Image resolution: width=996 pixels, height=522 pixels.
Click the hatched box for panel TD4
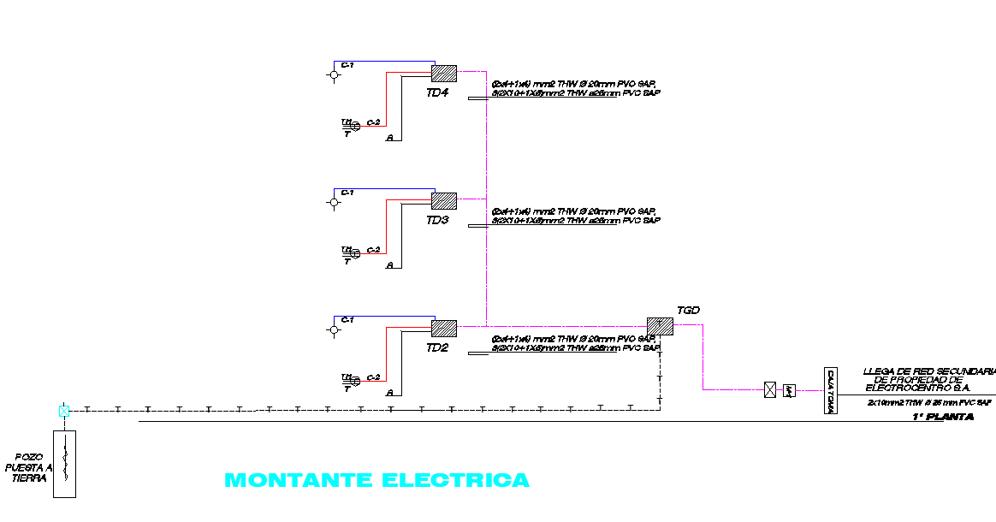[x=443, y=74]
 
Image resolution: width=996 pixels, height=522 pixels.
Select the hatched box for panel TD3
[x=443, y=201]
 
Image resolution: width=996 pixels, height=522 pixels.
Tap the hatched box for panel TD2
[x=443, y=328]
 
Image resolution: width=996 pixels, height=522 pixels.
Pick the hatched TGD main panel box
[x=660, y=326]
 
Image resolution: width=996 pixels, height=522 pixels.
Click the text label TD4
[x=436, y=92]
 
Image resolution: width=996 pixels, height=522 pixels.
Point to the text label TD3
[x=436, y=221]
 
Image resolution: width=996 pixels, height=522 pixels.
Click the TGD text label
[x=688, y=310]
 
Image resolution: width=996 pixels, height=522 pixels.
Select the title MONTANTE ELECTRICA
[x=376, y=480]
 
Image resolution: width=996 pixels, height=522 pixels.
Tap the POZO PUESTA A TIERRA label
[x=29, y=468]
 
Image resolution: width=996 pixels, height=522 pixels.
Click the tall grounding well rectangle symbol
[x=64, y=463]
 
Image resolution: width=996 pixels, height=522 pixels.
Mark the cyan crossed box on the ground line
[x=64, y=411]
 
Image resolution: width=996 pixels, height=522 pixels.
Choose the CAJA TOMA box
[x=830, y=391]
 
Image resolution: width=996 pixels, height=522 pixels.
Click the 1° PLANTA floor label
[x=942, y=417]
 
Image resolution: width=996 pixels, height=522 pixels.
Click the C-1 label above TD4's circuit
[x=347, y=65]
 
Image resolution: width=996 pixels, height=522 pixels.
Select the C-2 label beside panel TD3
[x=373, y=250]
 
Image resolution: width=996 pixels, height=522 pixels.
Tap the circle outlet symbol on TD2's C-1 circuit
[x=334, y=329]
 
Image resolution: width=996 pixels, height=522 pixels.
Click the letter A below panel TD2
[x=389, y=393]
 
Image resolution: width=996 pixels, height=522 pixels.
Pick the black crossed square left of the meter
[x=770, y=390]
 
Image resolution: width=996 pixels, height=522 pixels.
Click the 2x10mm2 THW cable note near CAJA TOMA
[x=929, y=402]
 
